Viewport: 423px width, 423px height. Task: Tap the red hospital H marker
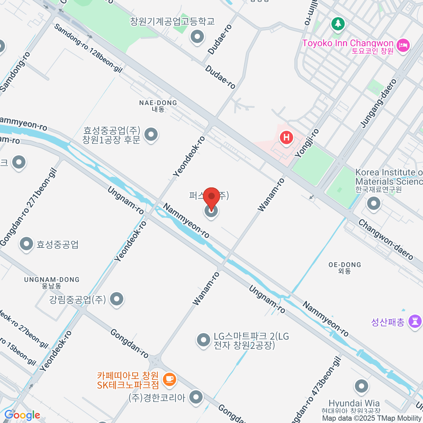[x=286, y=137]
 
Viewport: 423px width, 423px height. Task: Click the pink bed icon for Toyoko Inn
[x=402, y=45]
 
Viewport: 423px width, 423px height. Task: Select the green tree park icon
[x=338, y=24]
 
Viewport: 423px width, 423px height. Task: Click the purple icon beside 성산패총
[x=415, y=321]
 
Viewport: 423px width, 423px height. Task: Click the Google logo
[x=22, y=415]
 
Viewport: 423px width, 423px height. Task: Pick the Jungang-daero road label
[x=379, y=103]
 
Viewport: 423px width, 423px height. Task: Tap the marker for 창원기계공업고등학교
[x=197, y=37]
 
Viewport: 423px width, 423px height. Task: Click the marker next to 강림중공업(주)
[x=116, y=299]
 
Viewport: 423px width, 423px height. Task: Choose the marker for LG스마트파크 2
[x=203, y=340]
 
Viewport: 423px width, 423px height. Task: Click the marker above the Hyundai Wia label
[x=361, y=386]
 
